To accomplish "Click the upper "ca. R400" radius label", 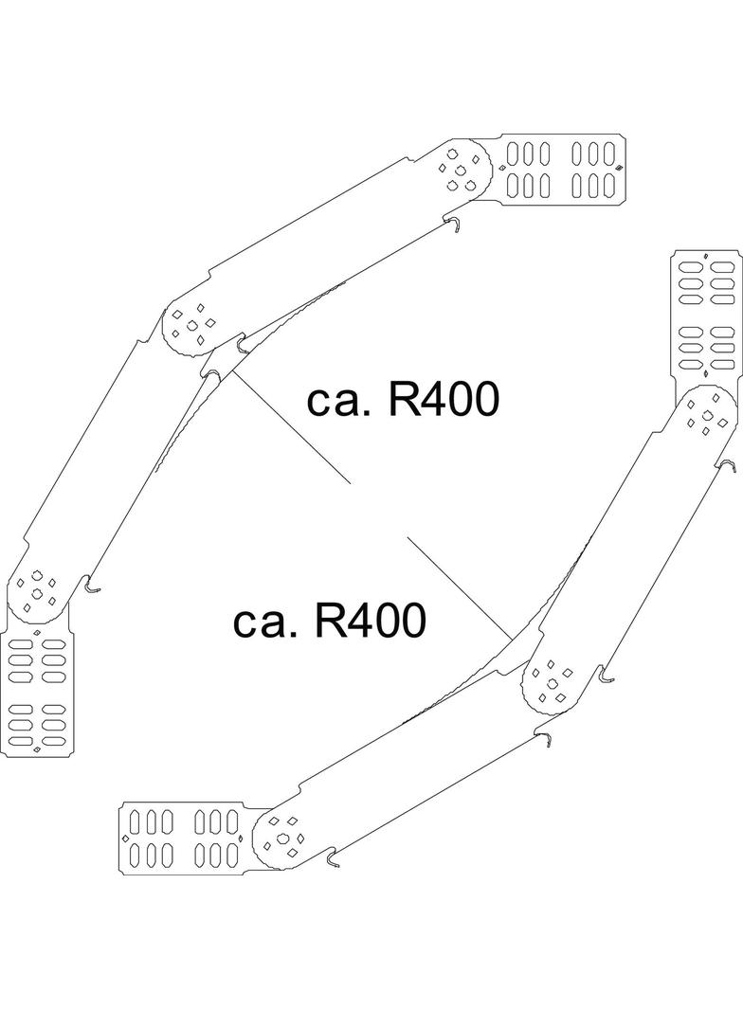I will pos(403,402).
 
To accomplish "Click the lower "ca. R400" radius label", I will pos(329,622).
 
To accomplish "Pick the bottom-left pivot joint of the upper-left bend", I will pos(38,591).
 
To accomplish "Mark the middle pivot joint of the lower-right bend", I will pos(552,680).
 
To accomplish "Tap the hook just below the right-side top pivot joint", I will pos(729,465).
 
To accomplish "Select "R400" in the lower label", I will pos(369,622).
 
